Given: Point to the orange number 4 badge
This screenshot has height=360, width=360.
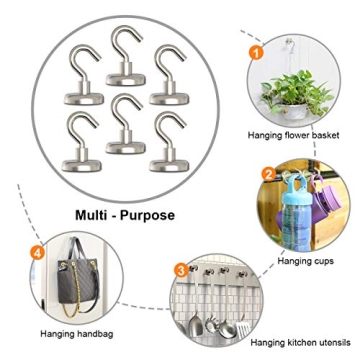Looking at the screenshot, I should (x=38, y=252).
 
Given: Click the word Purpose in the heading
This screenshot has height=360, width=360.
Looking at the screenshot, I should (x=147, y=215).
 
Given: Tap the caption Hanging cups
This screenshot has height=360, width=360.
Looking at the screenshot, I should (x=308, y=260).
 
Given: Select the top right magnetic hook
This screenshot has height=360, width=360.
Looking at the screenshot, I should (x=170, y=79).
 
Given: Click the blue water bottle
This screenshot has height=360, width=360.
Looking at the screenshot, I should (x=305, y=214).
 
